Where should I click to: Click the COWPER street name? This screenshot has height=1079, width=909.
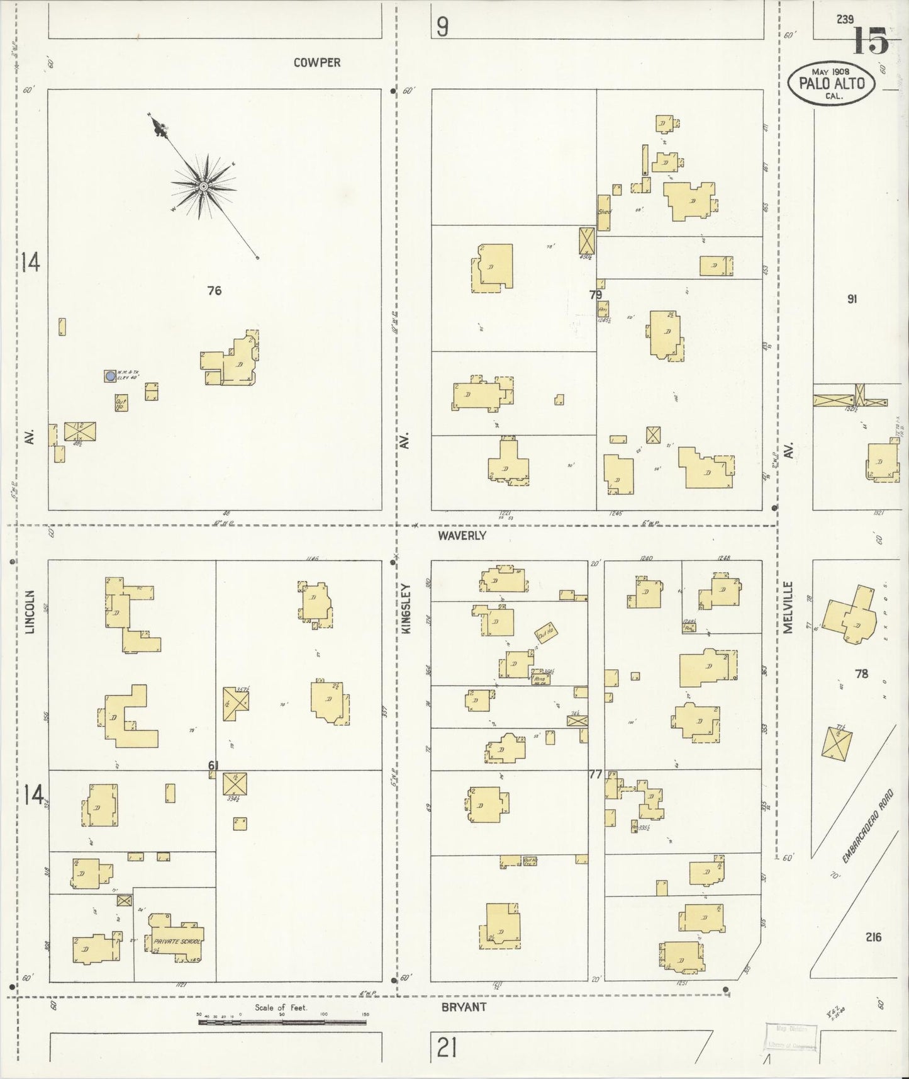coord(317,62)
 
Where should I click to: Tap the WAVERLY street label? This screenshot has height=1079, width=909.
coord(462,536)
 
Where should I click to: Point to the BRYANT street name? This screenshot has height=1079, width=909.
coord(464,1007)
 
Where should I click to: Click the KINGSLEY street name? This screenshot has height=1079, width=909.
coord(405,609)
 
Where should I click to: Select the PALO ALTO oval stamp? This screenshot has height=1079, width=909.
coord(832,81)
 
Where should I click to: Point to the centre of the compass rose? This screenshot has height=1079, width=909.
coord(204,186)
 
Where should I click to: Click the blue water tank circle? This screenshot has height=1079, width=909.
coord(111,376)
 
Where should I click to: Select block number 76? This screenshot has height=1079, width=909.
coord(215,291)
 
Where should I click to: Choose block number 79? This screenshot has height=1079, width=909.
coord(595,295)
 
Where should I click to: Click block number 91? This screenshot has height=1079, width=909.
coord(852,300)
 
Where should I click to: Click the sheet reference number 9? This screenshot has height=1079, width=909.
coord(443,27)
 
